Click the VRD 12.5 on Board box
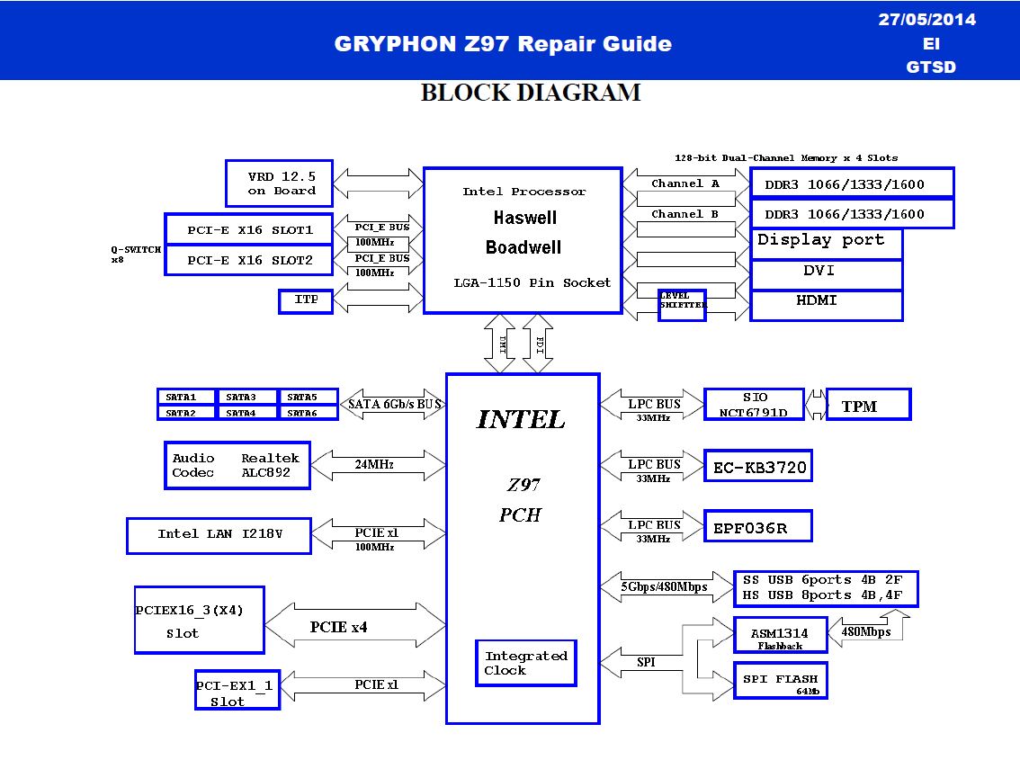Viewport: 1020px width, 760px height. tap(279, 183)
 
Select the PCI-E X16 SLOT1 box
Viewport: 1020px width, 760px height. tap(249, 229)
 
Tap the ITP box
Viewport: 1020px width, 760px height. tap(306, 301)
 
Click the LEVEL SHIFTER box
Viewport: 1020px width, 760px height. tap(682, 305)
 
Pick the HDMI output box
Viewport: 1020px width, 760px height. tap(826, 305)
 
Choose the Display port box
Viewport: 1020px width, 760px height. tap(826, 244)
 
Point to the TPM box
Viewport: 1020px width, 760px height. tap(868, 405)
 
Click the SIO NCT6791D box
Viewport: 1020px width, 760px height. tap(754, 405)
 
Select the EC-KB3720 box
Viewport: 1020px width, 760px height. tap(758, 466)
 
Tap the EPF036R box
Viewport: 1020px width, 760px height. tap(758, 526)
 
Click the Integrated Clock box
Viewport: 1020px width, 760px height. tap(525, 663)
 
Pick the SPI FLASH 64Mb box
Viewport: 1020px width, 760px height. tap(780, 681)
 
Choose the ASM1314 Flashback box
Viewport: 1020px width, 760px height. tap(780, 634)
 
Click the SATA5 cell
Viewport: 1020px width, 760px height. tap(308, 397)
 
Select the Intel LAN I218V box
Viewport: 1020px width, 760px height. tap(219, 535)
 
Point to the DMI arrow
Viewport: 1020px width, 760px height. tap(499, 344)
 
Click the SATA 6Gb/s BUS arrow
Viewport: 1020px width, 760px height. tap(393, 405)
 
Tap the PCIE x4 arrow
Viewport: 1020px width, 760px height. tap(355, 625)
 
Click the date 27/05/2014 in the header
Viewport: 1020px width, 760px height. tap(927, 20)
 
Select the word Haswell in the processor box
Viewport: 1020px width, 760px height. tap(525, 218)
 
